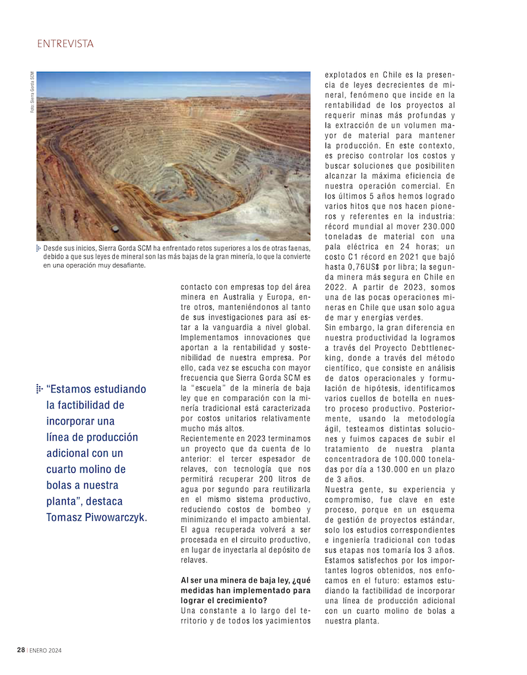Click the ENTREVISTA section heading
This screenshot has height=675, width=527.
65,44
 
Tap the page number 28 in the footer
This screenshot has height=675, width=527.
20,650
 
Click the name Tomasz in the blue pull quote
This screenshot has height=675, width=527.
68,517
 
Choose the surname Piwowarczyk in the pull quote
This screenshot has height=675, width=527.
122,517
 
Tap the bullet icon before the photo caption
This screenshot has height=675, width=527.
38,248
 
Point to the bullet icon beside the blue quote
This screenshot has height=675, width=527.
39,389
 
